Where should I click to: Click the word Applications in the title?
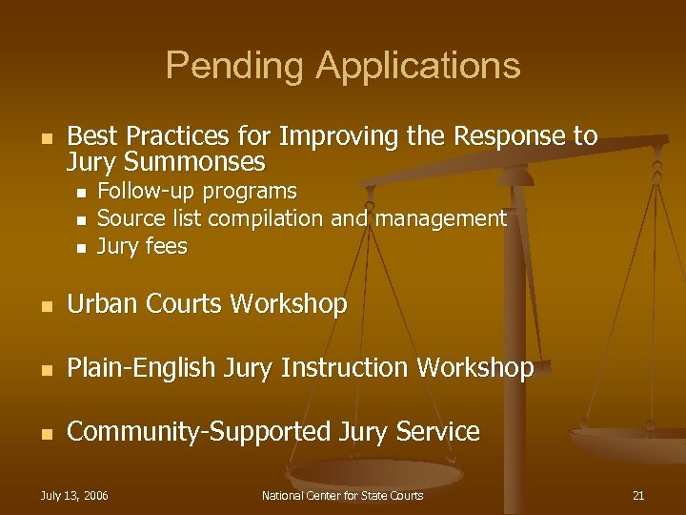point(419,66)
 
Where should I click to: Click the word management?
point(439,218)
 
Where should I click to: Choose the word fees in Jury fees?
point(166,247)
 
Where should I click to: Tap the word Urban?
point(99,304)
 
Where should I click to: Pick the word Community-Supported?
point(199,432)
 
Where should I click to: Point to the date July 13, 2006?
point(74,496)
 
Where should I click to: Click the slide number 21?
point(638,496)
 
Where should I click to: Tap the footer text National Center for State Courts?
point(343,496)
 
